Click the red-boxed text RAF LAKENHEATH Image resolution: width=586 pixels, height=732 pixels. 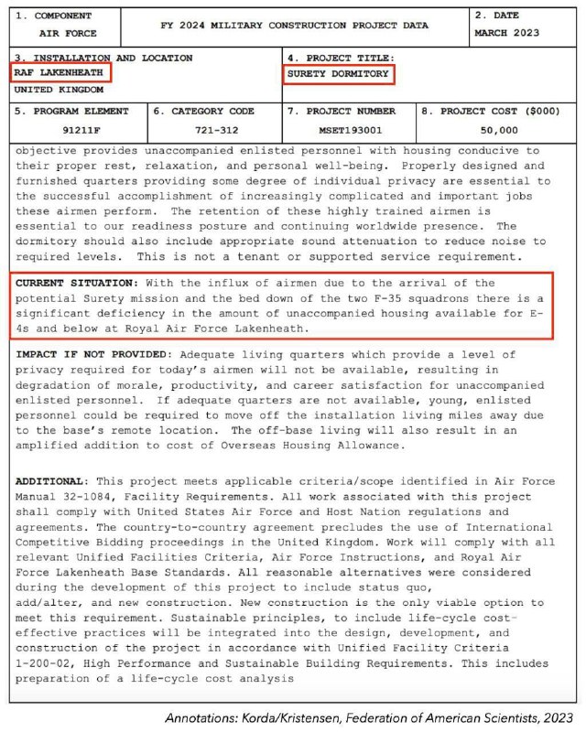[58, 73]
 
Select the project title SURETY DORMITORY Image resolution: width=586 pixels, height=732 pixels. [338, 73]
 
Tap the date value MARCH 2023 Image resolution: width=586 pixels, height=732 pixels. [506, 34]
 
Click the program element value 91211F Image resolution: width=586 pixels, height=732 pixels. [81, 129]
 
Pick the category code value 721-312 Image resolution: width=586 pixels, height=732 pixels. [217, 129]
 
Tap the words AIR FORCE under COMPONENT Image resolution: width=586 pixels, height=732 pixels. [68, 34]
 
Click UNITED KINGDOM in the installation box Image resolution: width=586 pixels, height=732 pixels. [59, 90]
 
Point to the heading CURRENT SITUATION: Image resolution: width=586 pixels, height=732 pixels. [76, 283]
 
